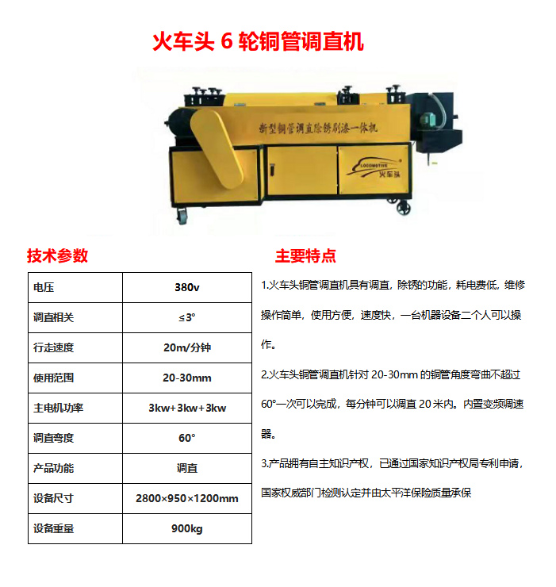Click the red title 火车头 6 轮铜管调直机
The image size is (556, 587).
coord(258,41)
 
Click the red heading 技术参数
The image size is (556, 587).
coord(57,255)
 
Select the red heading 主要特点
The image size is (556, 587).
coord(305,255)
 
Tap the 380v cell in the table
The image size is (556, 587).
coord(186,287)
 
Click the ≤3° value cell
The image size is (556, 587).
coord(186,317)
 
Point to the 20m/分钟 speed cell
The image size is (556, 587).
coord(186,347)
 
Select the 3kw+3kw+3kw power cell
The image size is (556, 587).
coord(186,408)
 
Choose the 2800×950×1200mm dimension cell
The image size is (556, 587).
coord(186,498)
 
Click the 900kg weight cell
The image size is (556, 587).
coord(186,528)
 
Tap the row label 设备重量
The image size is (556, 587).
coord(53,528)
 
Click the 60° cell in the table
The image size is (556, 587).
coord(186,438)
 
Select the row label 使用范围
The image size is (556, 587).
coord(53,378)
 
